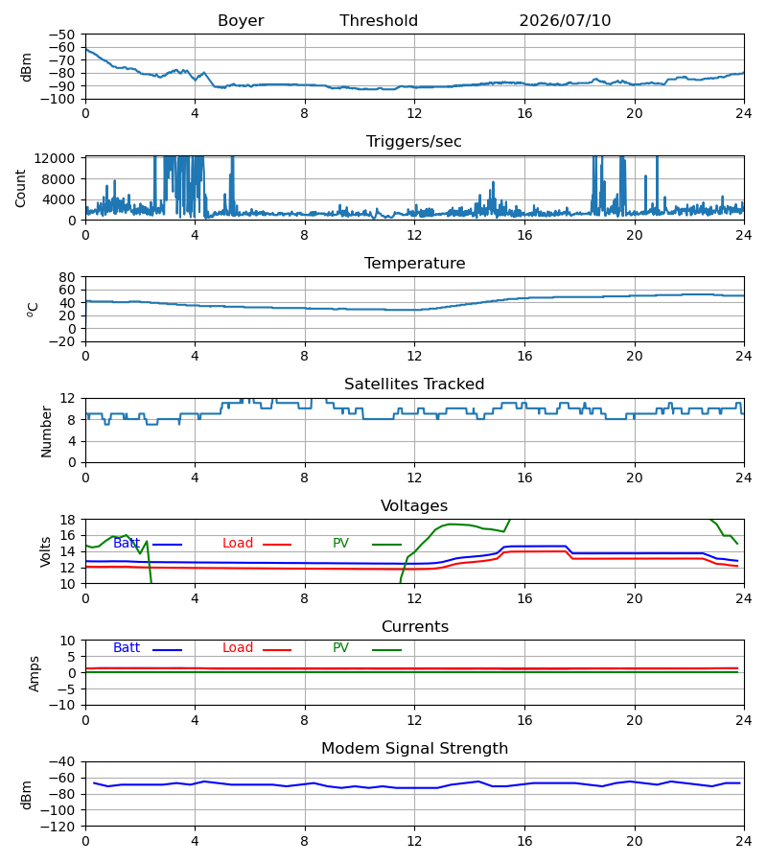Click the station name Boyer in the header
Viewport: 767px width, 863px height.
[241, 21]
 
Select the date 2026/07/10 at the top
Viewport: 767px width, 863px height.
[565, 21]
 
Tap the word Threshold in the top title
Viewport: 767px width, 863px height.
[379, 21]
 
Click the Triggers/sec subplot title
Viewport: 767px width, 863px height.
[414, 142]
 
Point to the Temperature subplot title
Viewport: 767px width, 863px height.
[414, 263]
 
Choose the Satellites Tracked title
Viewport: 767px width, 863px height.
[414, 385]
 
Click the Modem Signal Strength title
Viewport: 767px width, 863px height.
[414, 749]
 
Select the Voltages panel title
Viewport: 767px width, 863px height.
[414, 505]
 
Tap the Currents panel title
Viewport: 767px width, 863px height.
[415, 627]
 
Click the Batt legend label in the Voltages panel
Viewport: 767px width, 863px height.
[127, 544]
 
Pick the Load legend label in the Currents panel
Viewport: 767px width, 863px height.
[238, 648]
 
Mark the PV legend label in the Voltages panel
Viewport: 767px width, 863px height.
[340, 544]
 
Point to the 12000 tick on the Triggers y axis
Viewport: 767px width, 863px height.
[55, 158]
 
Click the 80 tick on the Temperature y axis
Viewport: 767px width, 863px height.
[67, 277]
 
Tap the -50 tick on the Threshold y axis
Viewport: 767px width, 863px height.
[61, 35]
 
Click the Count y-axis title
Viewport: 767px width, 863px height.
[20, 188]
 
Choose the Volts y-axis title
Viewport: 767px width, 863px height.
[45, 551]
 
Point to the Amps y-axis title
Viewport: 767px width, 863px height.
[35, 673]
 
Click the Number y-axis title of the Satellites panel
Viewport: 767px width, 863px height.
[46, 431]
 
